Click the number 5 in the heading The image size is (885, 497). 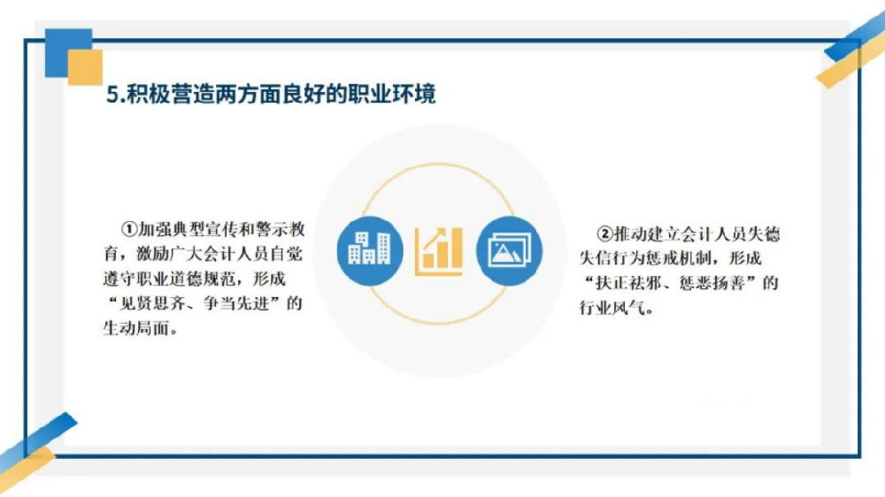click(x=112, y=95)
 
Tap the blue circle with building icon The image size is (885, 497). click(x=370, y=250)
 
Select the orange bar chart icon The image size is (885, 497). click(x=439, y=251)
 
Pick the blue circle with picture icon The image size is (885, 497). click(x=509, y=250)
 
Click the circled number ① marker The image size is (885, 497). click(x=129, y=229)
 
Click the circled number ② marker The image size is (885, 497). click(x=605, y=233)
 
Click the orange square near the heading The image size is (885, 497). click(x=85, y=67)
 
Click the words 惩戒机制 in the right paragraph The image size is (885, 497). click(x=679, y=258)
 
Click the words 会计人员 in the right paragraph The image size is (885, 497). click(x=713, y=233)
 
